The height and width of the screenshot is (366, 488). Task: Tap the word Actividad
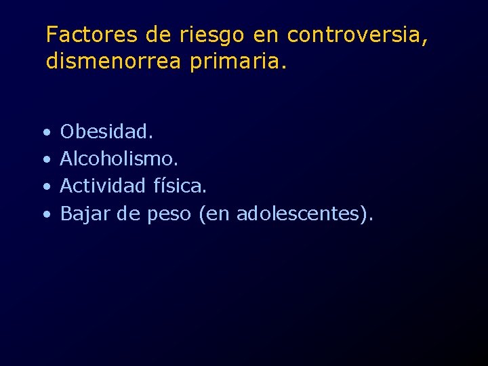103,185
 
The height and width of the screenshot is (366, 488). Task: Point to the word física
180,185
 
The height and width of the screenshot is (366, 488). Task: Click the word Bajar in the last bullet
84,213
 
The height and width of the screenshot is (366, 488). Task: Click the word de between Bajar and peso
127,213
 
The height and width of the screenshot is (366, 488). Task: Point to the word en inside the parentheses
217,214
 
